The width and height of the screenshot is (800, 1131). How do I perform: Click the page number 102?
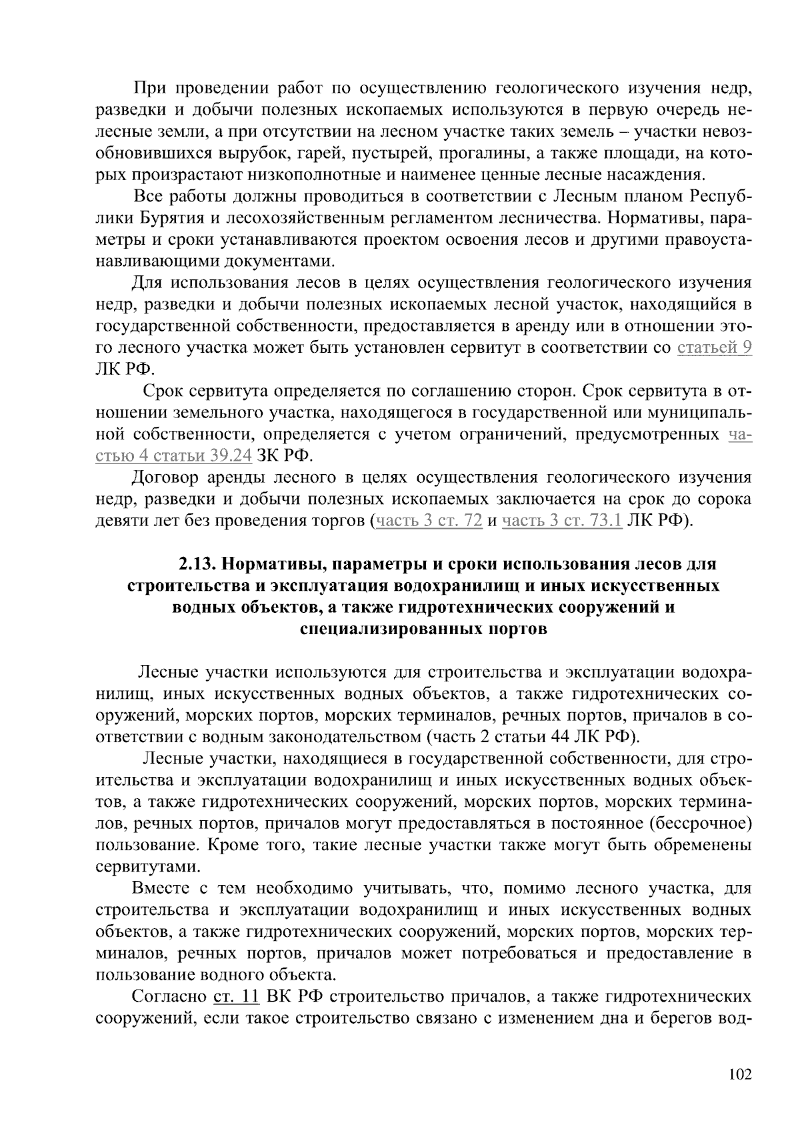click(740, 1074)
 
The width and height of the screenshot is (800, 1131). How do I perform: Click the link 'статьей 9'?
click(714, 347)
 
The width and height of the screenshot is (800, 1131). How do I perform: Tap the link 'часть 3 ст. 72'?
click(429, 521)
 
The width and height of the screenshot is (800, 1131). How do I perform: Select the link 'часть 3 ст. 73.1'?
click(562, 521)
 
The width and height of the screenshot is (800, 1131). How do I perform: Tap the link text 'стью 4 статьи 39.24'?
click(174, 456)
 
